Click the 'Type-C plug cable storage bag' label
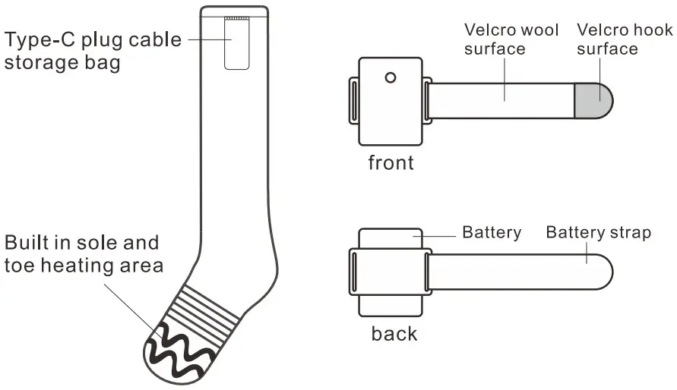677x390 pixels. click(93, 49)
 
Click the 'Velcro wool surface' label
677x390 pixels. click(511, 39)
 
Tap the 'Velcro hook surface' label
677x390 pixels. click(625, 39)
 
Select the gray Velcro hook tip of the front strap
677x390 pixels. click(593, 100)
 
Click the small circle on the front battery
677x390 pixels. click(391, 77)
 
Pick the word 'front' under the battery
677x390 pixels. click(391, 162)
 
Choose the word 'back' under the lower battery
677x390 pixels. click(394, 333)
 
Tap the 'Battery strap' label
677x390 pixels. click(598, 232)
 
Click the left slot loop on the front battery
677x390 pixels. click(353, 100)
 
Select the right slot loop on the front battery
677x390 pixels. click(427, 100)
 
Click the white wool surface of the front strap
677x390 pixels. click(501, 100)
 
